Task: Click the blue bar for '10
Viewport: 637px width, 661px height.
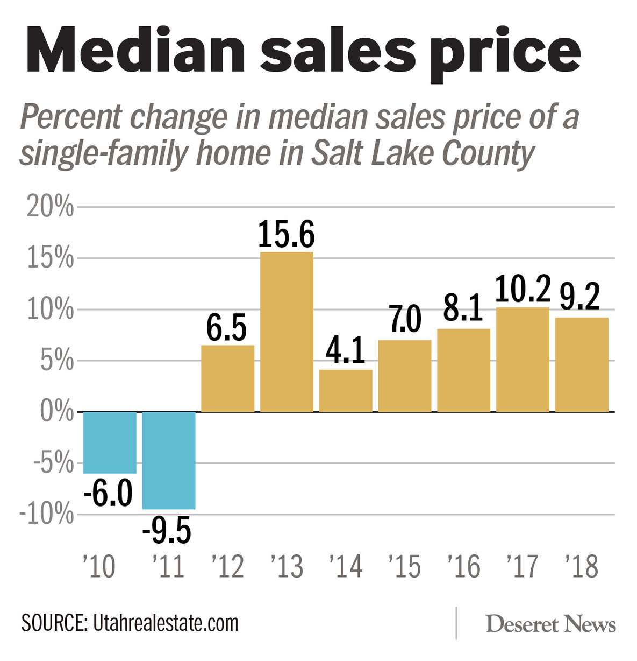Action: (110, 442)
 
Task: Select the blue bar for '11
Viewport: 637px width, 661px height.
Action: (168, 460)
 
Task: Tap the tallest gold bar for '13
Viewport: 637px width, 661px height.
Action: (287, 332)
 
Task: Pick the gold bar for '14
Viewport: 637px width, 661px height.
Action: (346, 391)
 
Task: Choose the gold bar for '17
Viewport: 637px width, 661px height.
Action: (523, 360)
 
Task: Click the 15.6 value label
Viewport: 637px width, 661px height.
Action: (287, 235)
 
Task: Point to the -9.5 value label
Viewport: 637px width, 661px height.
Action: (167, 531)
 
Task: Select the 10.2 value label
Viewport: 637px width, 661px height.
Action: (523, 289)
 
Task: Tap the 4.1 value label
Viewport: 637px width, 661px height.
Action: (346, 351)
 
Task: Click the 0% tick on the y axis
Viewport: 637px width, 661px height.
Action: (56, 412)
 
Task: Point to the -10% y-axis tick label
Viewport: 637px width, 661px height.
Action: (47, 515)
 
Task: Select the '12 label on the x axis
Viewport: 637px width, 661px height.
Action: (227, 566)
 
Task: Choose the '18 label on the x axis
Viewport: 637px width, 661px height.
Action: (582, 566)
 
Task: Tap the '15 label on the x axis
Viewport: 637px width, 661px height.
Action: (404, 566)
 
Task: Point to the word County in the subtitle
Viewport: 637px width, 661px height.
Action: (488, 153)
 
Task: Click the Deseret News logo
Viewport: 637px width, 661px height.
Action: (550, 624)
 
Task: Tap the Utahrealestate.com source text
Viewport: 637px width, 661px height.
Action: (166, 623)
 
